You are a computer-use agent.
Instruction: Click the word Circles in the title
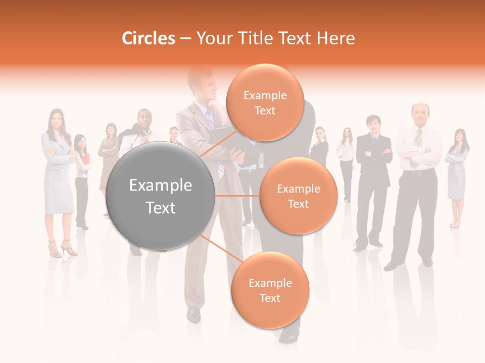(149, 38)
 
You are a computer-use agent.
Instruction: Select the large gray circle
(161, 196)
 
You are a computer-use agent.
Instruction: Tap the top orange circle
(264, 102)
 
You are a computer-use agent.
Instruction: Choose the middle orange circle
(298, 196)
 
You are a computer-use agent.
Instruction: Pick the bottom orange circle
(270, 290)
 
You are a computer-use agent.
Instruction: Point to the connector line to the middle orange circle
(237, 196)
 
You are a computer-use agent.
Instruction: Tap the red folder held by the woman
(85, 160)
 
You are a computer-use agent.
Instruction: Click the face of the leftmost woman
(55, 119)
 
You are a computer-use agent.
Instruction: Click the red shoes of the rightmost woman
(454, 225)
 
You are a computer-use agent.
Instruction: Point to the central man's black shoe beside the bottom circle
(193, 315)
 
